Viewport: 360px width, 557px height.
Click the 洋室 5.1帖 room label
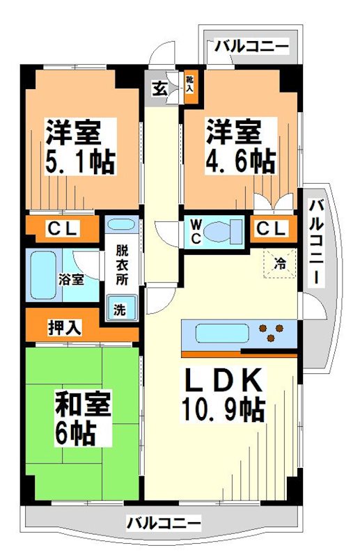coord(80,147)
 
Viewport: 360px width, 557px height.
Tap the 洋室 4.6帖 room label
coord(239,147)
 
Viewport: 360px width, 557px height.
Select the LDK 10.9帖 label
coord(223,394)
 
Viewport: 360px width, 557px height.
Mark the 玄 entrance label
coord(159,88)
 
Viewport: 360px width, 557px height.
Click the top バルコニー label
coord(251,47)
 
